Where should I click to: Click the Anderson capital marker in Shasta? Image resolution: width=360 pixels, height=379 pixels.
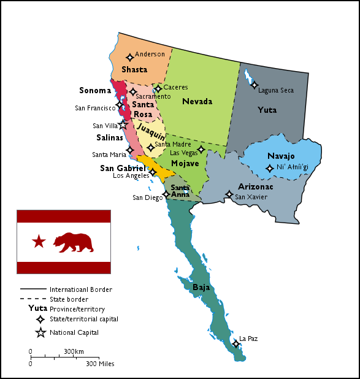[130, 58]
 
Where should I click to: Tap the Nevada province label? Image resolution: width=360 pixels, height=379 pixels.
[197, 101]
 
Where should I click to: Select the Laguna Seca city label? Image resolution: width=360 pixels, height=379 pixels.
[275, 90]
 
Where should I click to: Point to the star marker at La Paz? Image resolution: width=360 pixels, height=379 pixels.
[236, 343]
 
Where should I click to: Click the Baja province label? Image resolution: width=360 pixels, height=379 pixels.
[201, 287]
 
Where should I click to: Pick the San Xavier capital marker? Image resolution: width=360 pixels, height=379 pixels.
[229, 195]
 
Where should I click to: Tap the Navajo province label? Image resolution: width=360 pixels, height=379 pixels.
[281, 156]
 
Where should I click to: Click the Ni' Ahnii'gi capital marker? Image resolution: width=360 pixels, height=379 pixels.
[269, 168]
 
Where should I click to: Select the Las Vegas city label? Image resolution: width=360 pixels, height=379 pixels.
[183, 152]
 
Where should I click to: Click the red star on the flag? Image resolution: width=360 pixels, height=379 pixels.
[39, 241]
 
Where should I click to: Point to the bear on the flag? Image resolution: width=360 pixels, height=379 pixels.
[74, 242]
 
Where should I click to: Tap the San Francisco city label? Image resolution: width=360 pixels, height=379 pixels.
[95, 108]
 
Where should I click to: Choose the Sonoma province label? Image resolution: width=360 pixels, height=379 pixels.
[95, 91]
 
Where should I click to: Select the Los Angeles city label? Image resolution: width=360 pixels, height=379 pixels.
[131, 175]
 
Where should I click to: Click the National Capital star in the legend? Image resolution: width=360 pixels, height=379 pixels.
[40, 332]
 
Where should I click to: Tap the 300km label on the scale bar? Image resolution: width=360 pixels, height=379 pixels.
[74, 351]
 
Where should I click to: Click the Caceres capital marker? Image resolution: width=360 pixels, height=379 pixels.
[158, 89]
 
